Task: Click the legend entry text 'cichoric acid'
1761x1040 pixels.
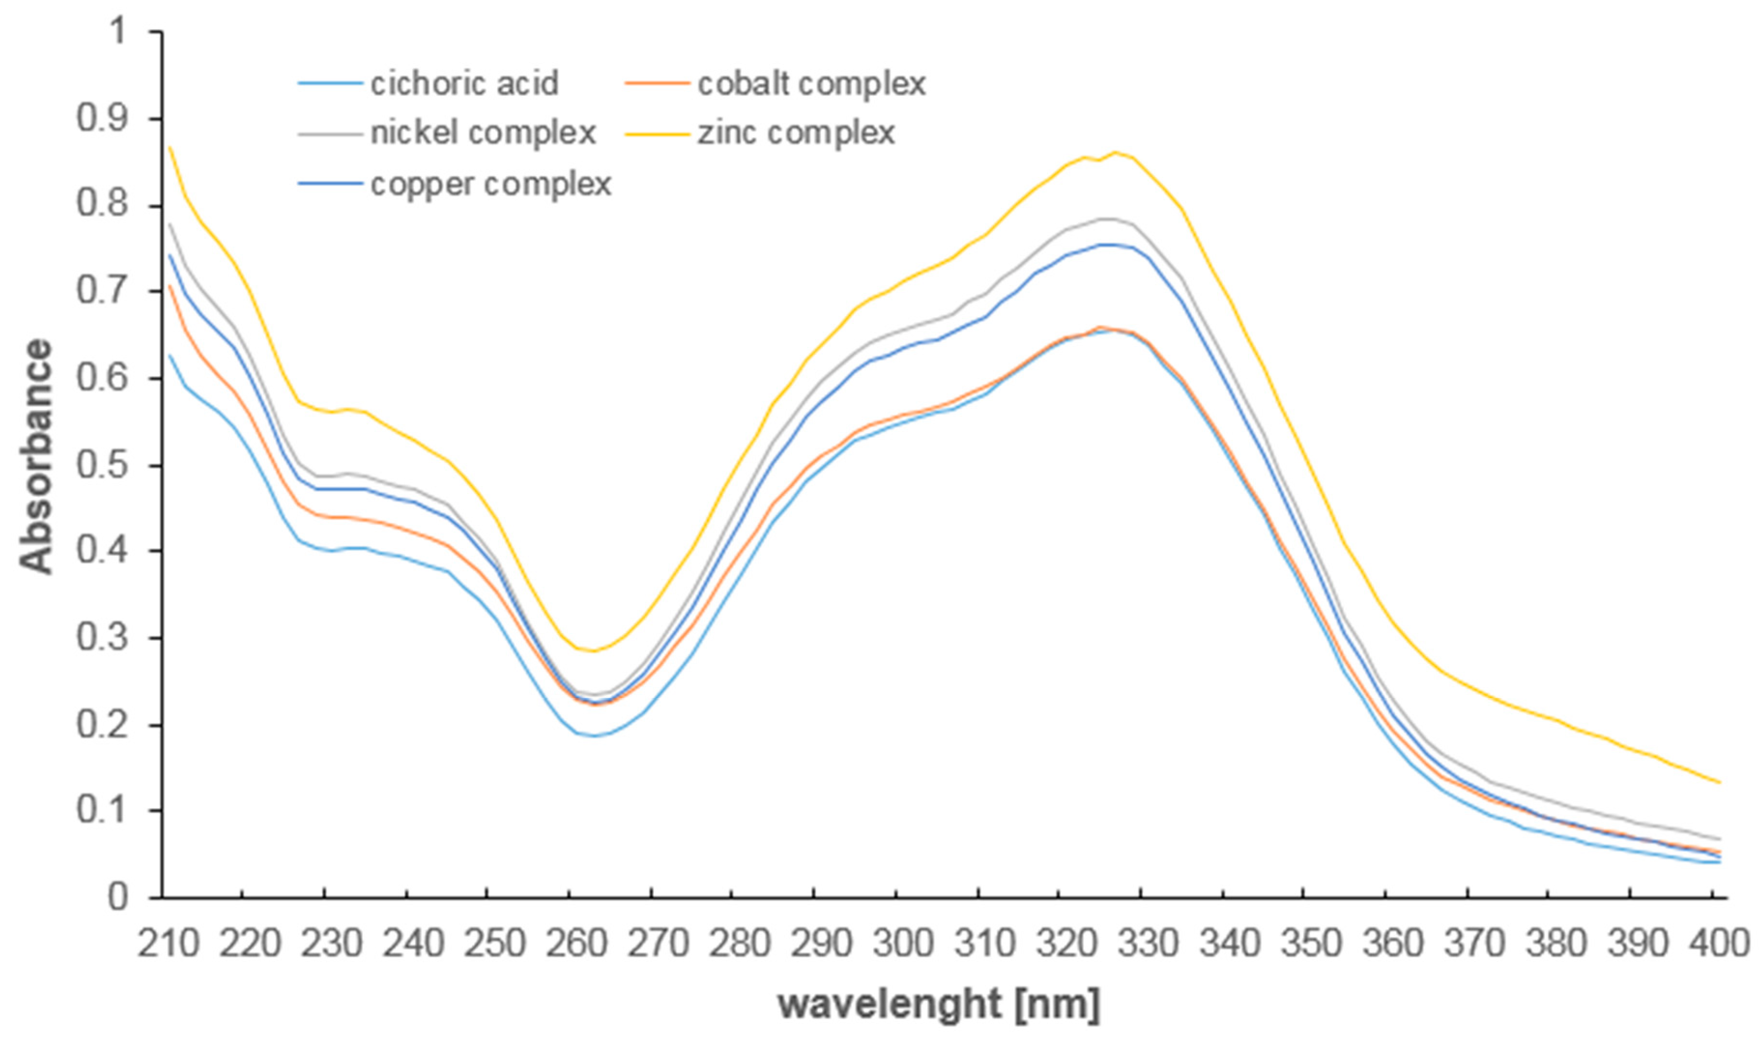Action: [x=464, y=84]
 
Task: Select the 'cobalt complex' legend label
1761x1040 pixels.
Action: [x=811, y=84]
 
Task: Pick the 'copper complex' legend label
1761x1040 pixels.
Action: [x=491, y=184]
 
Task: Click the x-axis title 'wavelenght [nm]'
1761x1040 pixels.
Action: [x=939, y=1004]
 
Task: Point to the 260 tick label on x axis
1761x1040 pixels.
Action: [x=576, y=944]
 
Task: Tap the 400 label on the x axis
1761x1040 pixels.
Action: [x=1718, y=944]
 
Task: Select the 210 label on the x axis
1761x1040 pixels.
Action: [x=168, y=944]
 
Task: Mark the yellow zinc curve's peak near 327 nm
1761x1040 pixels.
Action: [x=1115, y=152]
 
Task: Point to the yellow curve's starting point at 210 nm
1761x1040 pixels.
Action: [x=170, y=147]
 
